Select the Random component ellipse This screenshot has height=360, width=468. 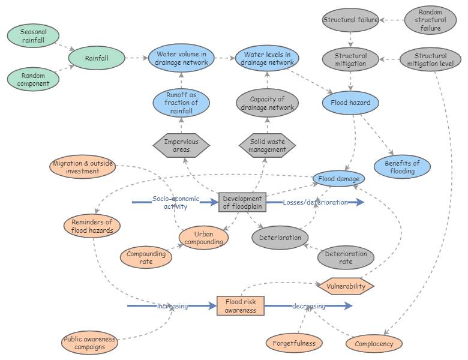click(33, 80)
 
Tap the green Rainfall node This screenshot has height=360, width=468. click(97, 58)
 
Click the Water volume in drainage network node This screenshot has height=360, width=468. click(181, 58)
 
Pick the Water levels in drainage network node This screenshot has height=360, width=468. click(267, 58)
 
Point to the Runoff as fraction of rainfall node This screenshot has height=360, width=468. click(181, 103)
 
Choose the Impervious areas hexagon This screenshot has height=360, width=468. click(181, 146)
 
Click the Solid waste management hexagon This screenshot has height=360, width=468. click(268, 145)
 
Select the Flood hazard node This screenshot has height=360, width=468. click(351, 103)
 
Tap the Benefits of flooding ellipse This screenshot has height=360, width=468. click(402, 167)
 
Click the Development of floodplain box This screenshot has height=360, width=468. click(242, 203)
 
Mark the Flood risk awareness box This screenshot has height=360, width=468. click(241, 306)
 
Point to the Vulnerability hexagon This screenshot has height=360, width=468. click(346, 286)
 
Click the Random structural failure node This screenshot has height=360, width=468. click(431, 20)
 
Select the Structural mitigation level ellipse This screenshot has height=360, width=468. click(430, 60)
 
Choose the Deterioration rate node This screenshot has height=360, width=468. click(346, 258)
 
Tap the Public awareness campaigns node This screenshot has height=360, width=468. click(90, 343)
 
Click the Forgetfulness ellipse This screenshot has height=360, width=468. click(294, 343)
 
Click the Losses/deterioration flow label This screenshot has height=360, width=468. click(315, 202)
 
